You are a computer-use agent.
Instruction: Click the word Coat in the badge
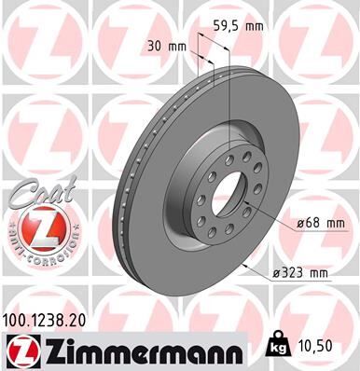click(x=36, y=193)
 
